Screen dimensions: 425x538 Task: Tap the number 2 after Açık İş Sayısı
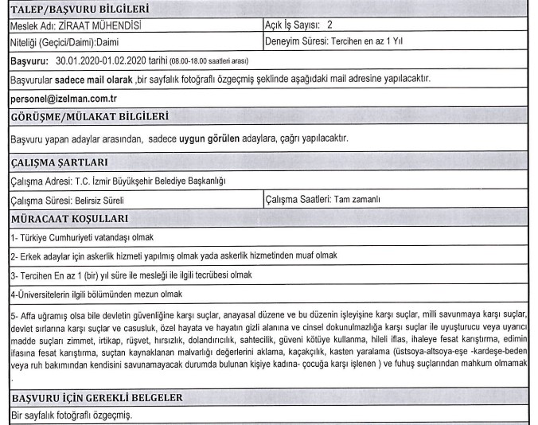click(329, 25)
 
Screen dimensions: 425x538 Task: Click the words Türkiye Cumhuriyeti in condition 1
click(63, 237)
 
